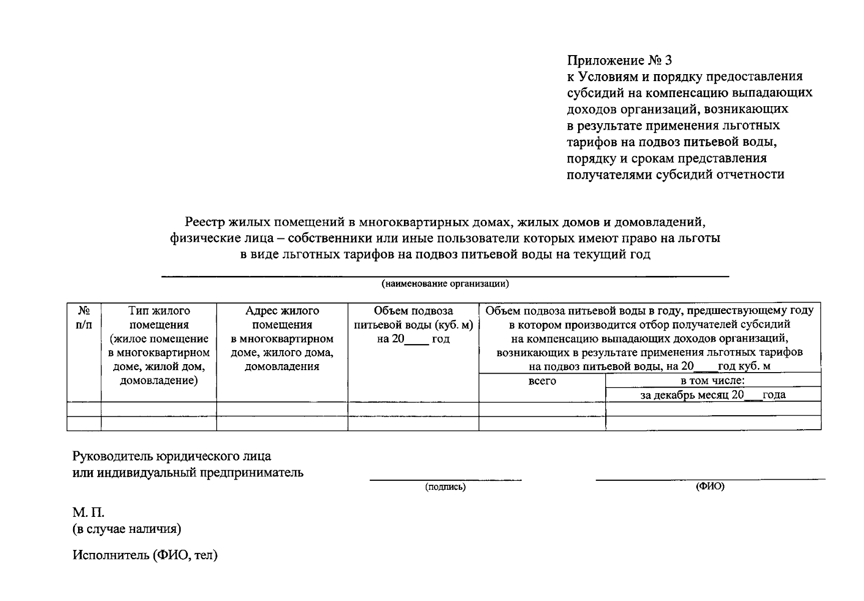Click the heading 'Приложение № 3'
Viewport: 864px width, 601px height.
[619, 61]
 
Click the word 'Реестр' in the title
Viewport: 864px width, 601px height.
[205, 221]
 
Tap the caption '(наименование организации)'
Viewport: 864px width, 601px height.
[445, 284]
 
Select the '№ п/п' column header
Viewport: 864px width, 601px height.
[84, 318]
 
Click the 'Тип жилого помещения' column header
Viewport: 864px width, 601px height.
[159, 346]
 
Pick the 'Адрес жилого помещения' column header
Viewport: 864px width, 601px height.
[282, 339]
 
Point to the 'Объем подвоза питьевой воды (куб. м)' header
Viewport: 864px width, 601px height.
[413, 325]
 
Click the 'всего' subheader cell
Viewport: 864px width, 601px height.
[542, 381]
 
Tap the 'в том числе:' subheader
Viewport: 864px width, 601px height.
[713, 381]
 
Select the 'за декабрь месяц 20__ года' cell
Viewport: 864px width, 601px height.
[713, 395]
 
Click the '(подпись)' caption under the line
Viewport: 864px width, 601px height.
[445, 487]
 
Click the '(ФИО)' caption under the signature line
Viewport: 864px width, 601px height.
[710, 486]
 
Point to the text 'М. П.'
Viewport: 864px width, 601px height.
[88, 512]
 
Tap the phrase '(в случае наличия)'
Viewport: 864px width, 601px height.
[127, 529]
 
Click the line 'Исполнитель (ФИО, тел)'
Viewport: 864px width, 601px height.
[145, 555]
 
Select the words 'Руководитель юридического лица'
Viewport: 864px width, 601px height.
[172, 456]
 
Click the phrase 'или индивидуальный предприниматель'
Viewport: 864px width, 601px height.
[188, 472]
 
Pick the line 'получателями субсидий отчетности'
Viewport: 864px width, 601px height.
[675, 174]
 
